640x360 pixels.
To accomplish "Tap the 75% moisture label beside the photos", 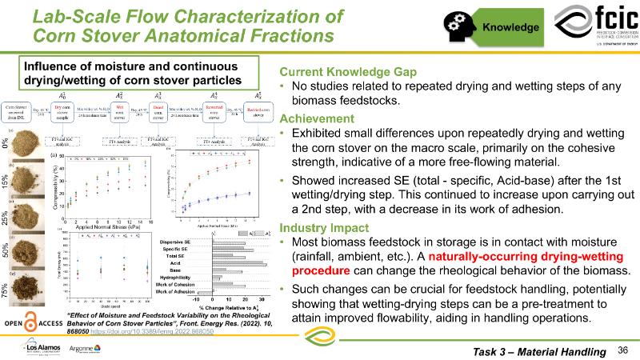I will (x=7, y=291).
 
